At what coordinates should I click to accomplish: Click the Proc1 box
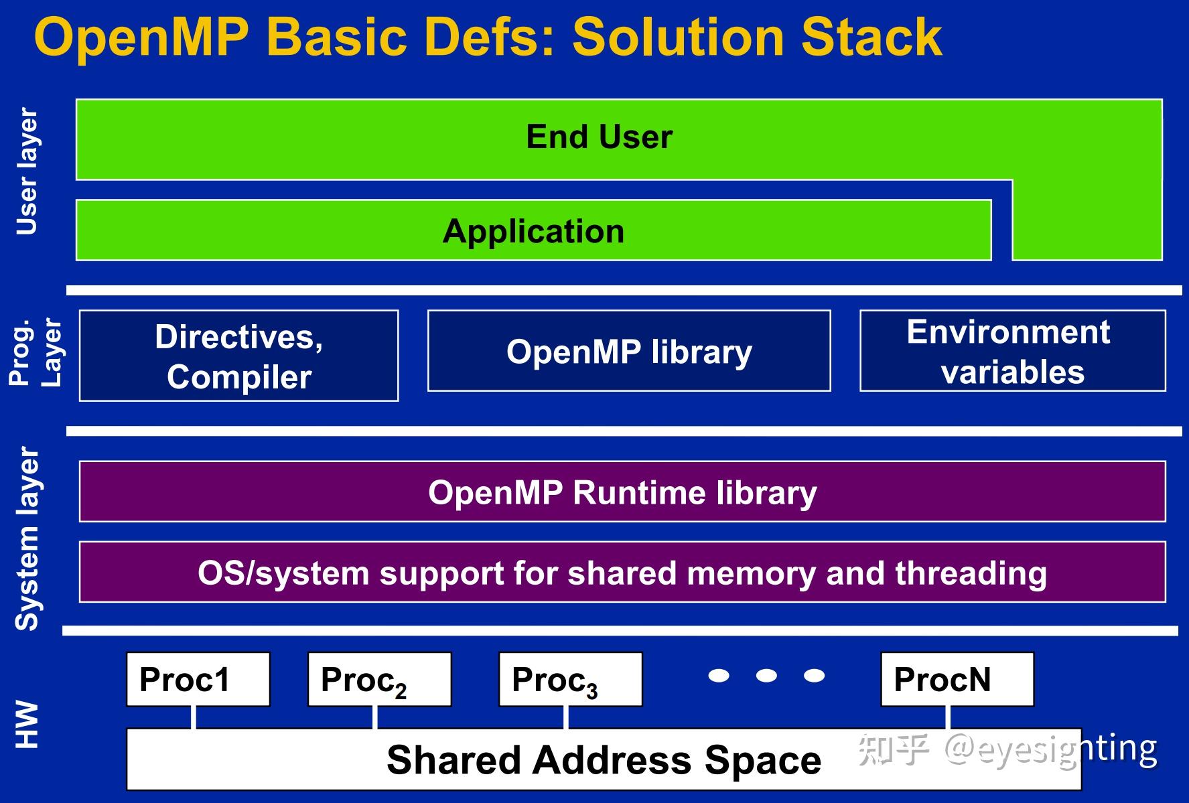click(198, 679)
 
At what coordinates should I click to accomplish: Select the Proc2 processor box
click(379, 679)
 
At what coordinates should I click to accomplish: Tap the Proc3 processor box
click(570, 679)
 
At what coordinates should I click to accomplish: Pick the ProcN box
click(957, 679)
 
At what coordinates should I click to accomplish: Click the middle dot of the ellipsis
click(766, 675)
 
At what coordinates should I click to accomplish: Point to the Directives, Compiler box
click(238, 356)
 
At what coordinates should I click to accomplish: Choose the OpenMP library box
click(629, 351)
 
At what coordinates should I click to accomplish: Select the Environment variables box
click(1012, 351)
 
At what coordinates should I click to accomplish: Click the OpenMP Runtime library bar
click(622, 492)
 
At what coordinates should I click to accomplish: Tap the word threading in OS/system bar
click(971, 573)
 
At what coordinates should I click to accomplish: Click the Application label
click(533, 231)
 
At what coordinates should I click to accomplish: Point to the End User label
click(599, 137)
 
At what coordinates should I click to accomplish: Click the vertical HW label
click(27, 724)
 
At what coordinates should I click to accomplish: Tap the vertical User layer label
click(27, 171)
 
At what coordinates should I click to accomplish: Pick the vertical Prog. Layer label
click(35, 352)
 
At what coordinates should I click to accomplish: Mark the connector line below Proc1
click(194, 717)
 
